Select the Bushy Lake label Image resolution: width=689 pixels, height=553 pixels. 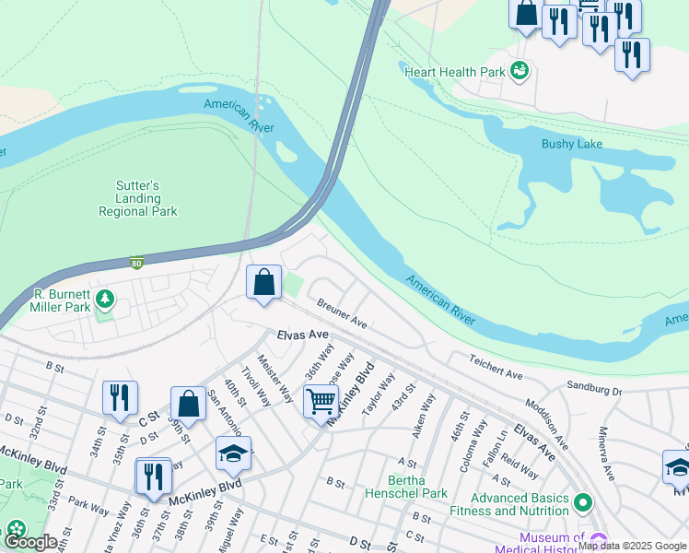[x=571, y=145]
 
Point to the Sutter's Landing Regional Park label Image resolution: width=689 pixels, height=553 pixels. [x=138, y=198]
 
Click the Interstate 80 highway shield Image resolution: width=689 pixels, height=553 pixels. [x=136, y=262]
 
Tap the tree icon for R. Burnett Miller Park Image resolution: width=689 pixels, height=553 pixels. [x=105, y=298]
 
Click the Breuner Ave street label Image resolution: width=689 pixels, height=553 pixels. [x=342, y=314]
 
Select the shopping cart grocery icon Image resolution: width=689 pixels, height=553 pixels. [x=320, y=403]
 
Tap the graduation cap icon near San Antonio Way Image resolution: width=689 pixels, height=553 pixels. [x=233, y=453]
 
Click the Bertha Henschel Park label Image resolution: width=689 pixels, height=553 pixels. [x=406, y=487]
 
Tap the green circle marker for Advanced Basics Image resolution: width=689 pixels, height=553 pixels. [x=582, y=503]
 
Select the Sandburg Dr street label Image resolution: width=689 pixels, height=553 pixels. [x=595, y=389]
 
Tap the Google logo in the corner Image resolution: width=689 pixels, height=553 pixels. [x=29, y=542]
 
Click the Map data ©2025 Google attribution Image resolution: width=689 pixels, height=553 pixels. [x=632, y=546]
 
